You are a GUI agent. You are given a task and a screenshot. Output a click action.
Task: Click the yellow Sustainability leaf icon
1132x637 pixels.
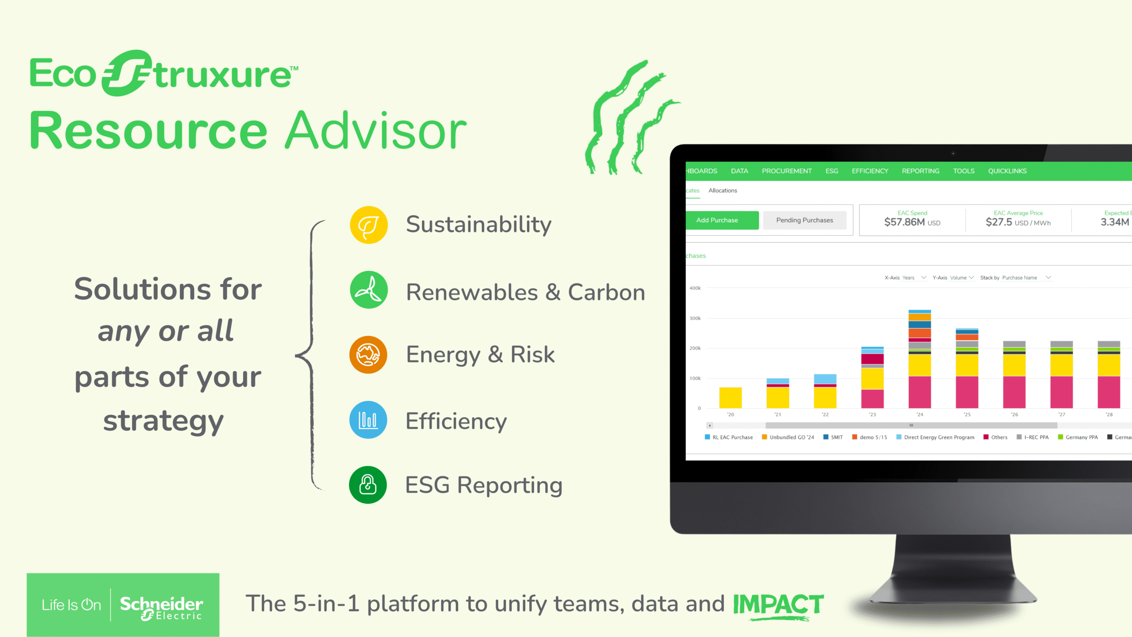(x=368, y=225)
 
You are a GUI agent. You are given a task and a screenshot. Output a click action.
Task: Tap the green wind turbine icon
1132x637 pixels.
(x=368, y=290)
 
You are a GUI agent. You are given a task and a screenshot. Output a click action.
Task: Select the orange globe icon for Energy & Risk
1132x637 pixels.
(x=368, y=354)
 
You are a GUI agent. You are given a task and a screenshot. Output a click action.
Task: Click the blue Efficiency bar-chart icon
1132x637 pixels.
(x=368, y=419)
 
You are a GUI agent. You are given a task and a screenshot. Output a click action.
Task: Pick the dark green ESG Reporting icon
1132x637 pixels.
(x=368, y=484)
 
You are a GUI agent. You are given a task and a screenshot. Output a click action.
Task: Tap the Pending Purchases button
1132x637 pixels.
(x=804, y=220)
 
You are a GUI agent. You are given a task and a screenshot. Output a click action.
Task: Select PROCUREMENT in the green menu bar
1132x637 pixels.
(x=786, y=171)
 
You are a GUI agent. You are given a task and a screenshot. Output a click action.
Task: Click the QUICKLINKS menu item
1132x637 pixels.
(x=1007, y=171)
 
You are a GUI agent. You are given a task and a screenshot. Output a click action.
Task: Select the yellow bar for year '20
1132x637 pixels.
(x=730, y=397)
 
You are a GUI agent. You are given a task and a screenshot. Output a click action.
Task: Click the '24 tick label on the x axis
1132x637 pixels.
(x=919, y=415)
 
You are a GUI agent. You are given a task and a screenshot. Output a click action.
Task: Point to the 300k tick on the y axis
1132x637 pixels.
(x=695, y=318)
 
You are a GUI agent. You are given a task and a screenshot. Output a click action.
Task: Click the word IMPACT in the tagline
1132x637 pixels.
(x=778, y=604)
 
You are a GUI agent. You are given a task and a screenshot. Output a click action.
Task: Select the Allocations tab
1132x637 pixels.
(x=723, y=191)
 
